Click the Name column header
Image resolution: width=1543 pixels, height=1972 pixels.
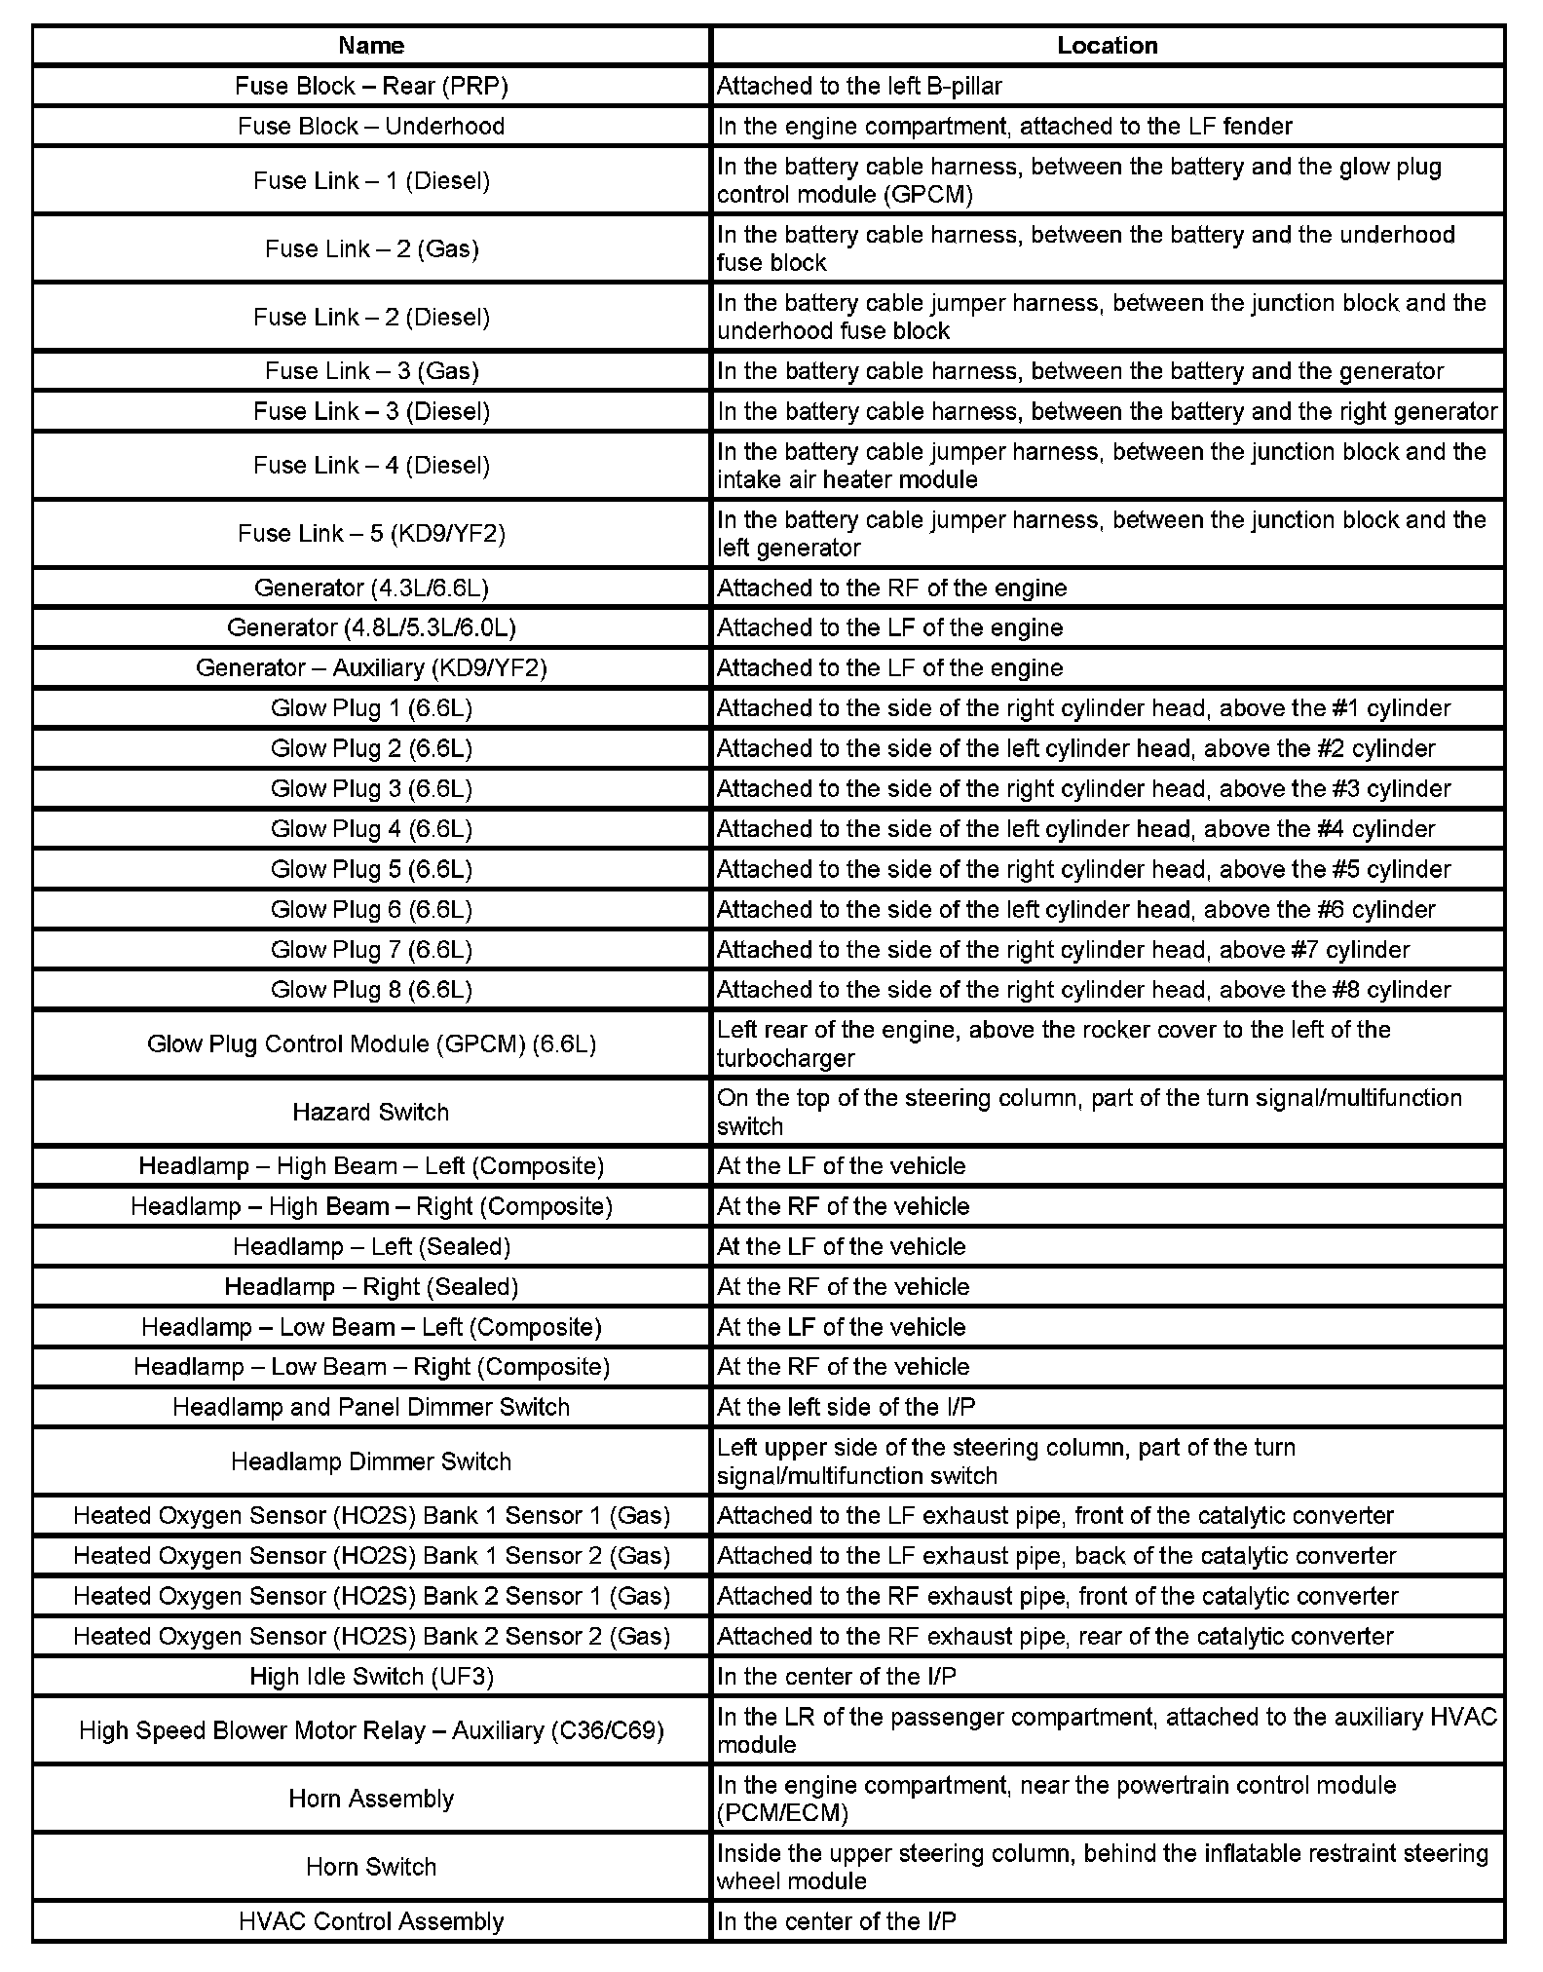(x=371, y=46)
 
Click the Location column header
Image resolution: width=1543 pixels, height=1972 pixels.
(x=1108, y=46)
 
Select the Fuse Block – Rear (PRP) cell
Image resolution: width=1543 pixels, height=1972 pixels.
(x=371, y=86)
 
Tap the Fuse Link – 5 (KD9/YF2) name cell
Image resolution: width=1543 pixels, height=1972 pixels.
(x=371, y=533)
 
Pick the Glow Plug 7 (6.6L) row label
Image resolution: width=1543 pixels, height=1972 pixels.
(x=371, y=949)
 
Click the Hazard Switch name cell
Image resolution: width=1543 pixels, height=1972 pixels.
(x=371, y=1112)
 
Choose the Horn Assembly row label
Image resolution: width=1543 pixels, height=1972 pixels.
(x=371, y=1798)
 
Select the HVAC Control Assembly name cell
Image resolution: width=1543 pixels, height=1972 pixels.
(x=371, y=1920)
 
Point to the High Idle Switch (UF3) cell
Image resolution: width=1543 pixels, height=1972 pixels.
(x=371, y=1676)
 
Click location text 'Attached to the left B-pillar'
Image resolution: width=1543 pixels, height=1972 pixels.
(x=859, y=86)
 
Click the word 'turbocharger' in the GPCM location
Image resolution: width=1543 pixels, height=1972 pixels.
(x=786, y=1058)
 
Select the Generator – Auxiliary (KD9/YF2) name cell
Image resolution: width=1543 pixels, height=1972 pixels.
(x=371, y=667)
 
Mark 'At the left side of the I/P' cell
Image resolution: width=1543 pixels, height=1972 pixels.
(x=846, y=1406)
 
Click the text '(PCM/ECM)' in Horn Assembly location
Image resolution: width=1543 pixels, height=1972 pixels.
(x=782, y=1812)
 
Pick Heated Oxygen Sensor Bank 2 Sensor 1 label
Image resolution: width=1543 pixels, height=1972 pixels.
(x=371, y=1596)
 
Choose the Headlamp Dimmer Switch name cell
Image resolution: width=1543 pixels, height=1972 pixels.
(x=371, y=1460)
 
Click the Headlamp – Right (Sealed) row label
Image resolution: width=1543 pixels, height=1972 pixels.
(x=371, y=1286)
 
